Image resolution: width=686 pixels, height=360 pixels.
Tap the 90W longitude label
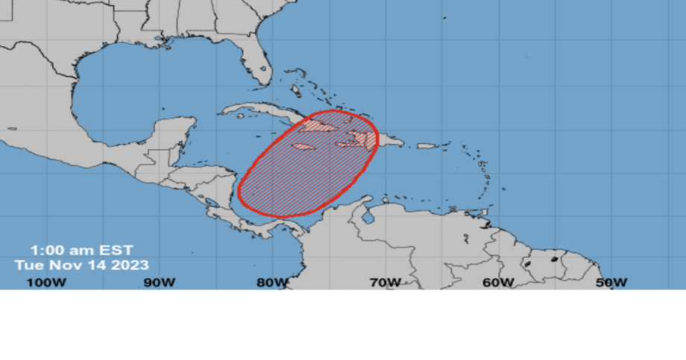point(160,282)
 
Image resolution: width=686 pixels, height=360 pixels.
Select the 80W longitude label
point(272,282)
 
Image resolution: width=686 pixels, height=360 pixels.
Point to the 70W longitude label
point(385,282)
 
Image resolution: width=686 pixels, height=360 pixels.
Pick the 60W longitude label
point(498,282)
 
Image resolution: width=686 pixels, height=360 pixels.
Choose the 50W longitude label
point(611,282)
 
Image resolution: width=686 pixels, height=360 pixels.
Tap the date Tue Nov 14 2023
point(81,265)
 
